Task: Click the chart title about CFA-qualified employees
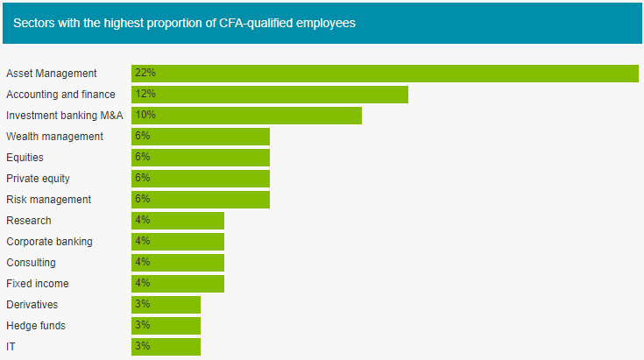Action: (x=184, y=23)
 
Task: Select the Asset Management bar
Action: (x=385, y=74)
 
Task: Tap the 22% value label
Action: (x=145, y=73)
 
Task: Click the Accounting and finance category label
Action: (x=60, y=95)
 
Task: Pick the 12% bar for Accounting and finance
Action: (x=270, y=95)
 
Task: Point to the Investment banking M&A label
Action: (x=65, y=116)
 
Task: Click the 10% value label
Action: (x=145, y=115)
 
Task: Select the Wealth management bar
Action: (x=201, y=137)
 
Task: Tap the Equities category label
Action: (x=25, y=158)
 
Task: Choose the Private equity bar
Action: (x=201, y=179)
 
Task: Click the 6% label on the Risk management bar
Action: (x=142, y=199)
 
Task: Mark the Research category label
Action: (x=29, y=221)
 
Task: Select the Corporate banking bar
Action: (x=178, y=242)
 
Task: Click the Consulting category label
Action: (x=31, y=263)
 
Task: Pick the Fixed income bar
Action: (x=178, y=284)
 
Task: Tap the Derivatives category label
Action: (x=32, y=305)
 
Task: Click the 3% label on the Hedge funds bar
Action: (x=142, y=325)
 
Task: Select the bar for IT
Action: (x=166, y=347)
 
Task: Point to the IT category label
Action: (x=11, y=347)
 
